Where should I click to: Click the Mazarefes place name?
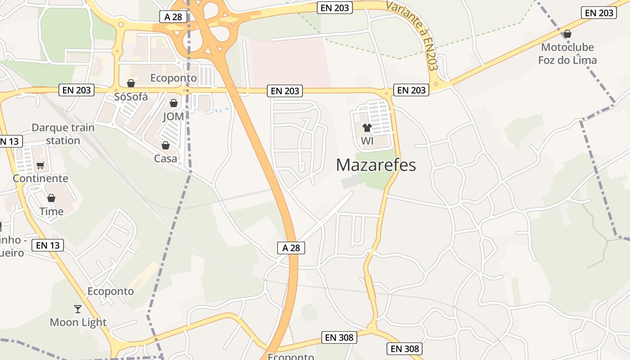(376, 165)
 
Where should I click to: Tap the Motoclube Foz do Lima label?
(567, 54)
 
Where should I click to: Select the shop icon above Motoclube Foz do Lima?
(567, 34)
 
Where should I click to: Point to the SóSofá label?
(131, 97)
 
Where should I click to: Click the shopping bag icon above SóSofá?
(131, 83)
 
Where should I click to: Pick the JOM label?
(173, 117)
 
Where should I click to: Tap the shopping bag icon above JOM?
(174, 103)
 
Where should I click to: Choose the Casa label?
(166, 158)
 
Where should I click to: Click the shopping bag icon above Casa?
(166, 145)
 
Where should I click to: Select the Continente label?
(40, 178)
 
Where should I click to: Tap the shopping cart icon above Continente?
(40, 165)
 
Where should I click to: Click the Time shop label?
(51, 211)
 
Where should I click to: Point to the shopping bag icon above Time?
(51, 198)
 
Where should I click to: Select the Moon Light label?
(78, 322)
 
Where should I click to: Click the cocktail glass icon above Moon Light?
(78, 309)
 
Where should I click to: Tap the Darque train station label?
(63, 134)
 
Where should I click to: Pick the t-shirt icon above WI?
(367, 128)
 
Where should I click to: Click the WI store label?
(367, 141)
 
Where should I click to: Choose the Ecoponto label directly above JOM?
(174, 78)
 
